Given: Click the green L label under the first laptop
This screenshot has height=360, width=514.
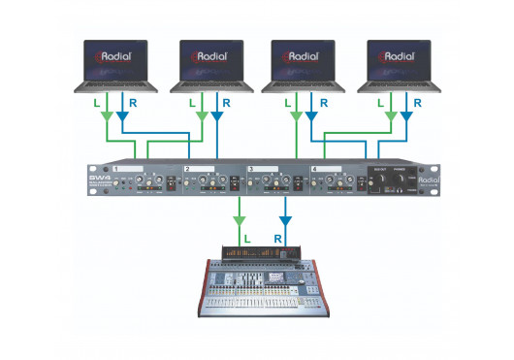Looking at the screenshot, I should pos(95,101).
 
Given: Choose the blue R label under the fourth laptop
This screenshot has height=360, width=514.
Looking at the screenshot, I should pos(417,101).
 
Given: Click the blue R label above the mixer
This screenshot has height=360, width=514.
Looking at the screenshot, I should pos(276,236).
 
